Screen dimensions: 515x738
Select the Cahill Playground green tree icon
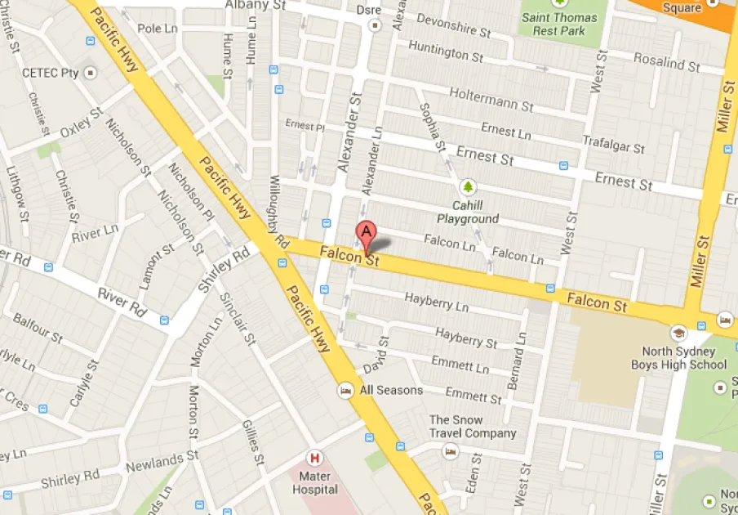click(468, 187)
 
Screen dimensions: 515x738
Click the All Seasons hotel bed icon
click(346, 390)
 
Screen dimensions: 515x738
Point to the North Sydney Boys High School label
click(678, 358)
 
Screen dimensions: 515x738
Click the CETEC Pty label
click(51, 74)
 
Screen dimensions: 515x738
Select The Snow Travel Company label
click(473, 427)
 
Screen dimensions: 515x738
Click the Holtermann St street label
click(491, 101)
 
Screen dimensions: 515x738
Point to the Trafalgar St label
click(613, 144)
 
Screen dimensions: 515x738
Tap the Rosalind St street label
click(667, 60)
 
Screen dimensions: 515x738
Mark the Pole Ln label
click(158, 29)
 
